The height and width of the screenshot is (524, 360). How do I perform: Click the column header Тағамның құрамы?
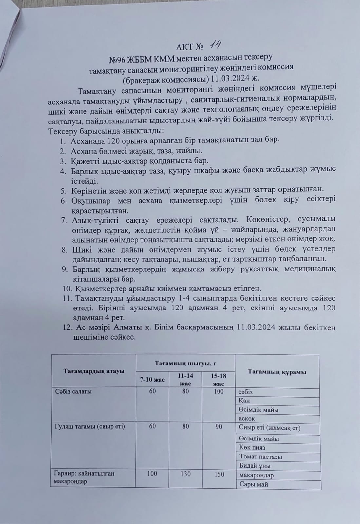[x=277, y=372]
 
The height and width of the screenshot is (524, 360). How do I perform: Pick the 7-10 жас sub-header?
[x=152, y=380]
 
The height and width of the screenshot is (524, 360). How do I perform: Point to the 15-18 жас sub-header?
[x=218, y=380]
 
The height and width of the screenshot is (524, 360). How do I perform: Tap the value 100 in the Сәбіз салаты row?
[x=218, y=391]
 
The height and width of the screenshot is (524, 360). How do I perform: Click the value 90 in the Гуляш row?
[x=219, y=426]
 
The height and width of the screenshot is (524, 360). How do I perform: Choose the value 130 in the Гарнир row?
[x=185, y=474]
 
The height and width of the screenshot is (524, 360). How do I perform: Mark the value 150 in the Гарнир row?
[x=218, y=474]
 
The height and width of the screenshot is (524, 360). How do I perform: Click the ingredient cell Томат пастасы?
[x=261, y=457]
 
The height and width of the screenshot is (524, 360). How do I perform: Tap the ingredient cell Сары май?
[x=254, y=484]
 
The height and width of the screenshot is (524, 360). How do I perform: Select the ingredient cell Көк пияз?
[x=252, y=448]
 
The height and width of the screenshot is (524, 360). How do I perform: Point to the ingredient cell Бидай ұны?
[x=255, y=466]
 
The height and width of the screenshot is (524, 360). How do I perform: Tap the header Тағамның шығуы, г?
[x=185, y=363]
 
